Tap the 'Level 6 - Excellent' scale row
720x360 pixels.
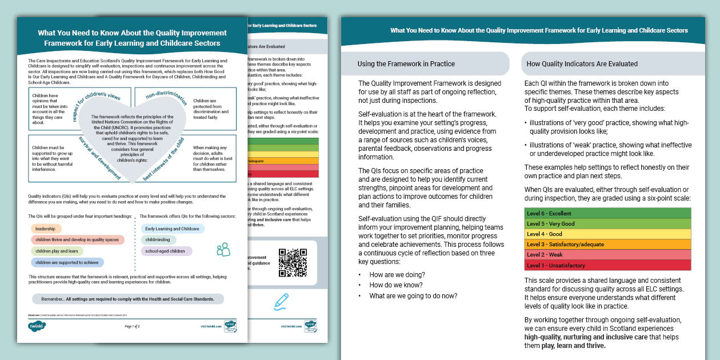tap(607, 213)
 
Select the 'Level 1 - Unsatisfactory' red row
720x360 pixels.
tap(607, 265)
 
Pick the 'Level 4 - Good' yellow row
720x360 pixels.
tap(607, 234)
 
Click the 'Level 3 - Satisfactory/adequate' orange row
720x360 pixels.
tap(607, 244)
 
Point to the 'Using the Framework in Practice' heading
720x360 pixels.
tap(406, 63)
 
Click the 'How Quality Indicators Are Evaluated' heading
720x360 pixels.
tap(582, 63)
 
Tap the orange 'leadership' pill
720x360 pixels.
tap(46, 229)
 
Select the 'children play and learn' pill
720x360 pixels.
tap(57, 251)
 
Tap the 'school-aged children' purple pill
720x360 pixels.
tap(166, 251)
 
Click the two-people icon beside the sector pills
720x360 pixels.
tap(223, 249)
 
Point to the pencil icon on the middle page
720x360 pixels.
tap(281, 299)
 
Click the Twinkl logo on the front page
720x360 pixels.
tap(37, 326)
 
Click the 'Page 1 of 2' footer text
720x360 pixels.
tap(132, 326)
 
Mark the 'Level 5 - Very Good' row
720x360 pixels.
tap(607, 223)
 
